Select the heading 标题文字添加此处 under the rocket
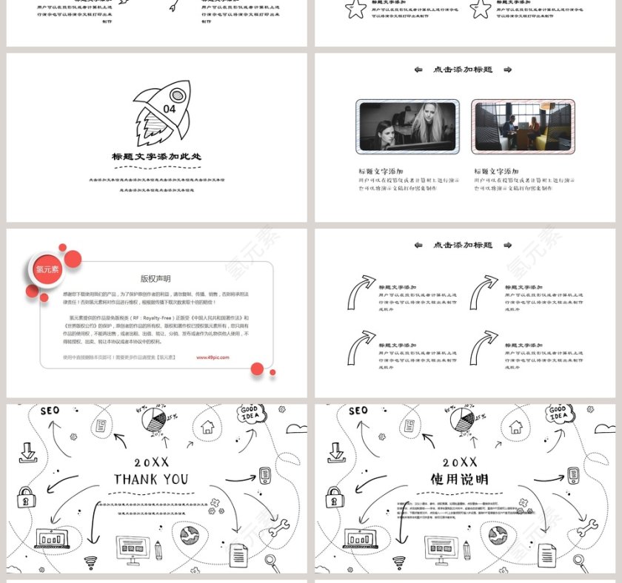pos(156,157)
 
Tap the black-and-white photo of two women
pos(407,127)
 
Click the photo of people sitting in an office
pos(523,127)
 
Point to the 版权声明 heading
pos(155,279)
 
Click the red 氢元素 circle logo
pos(47,269)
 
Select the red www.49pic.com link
pos(213,357)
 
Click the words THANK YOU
pos(151,479)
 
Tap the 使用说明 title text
pos(459,479)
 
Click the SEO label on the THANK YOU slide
pos(50,411)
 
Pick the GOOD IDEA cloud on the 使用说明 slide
pos(558,413)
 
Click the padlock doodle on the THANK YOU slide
pos(27,496)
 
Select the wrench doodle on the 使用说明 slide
pos(588,528)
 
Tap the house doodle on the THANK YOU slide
pos(207,426)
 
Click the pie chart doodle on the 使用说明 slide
pos(462,420)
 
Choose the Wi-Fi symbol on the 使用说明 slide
pos(398,562)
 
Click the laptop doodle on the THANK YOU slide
pos(53,539)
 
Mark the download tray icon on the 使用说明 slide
pos(336,452)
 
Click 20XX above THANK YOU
pos(151,462)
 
